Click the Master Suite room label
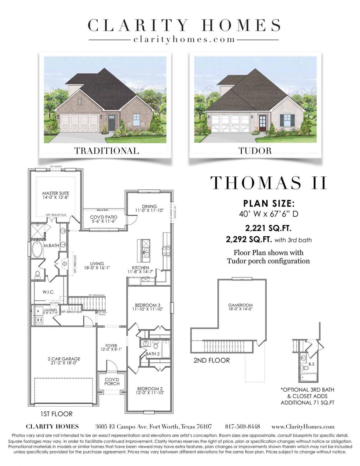(x=56, y=195)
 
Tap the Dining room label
(x=149, y=208)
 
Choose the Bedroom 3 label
(x=148, y=307)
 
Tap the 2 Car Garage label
(x=64, y=361)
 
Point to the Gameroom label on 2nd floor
(x=240, y=307)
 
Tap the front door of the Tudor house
(x=263, y=123)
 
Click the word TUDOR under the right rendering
(x=255, y=151)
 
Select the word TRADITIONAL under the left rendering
(x=107, y=151)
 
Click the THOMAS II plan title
(x=269, y=183)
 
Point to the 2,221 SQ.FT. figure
(x=268, y=228)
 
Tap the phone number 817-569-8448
(x=242, y=427)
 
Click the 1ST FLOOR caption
(x=57, y=414)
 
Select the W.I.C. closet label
(x=49, y=292)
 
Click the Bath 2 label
(x=153, y=354)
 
